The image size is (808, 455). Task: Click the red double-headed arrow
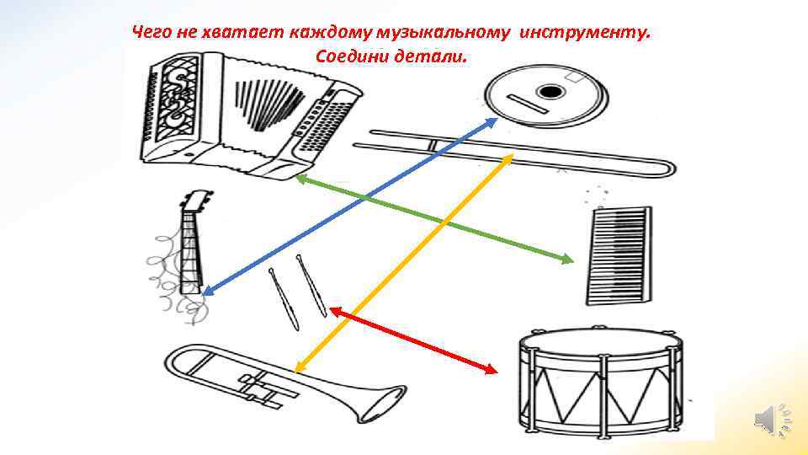click(413, 340)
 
